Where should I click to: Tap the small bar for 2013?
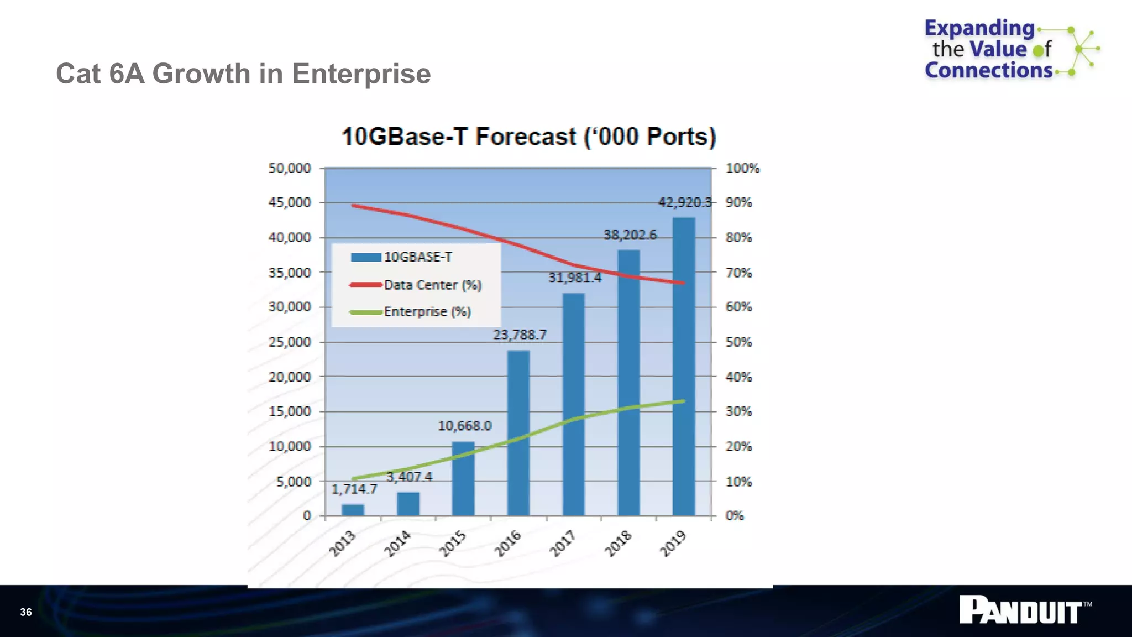353,509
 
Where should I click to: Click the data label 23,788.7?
520,335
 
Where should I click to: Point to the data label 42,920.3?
685,202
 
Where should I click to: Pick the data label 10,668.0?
464,426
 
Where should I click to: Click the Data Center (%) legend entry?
432,285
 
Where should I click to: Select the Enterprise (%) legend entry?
427,312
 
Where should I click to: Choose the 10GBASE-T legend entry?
417,257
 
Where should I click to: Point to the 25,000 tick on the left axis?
290,342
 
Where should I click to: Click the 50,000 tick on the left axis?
290,168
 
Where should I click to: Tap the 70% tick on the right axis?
738,273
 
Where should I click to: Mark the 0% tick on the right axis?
735,515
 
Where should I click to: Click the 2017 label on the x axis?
563,543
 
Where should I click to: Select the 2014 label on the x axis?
397,543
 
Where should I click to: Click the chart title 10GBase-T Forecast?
528,137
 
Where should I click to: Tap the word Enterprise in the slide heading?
361,74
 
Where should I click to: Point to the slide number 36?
26,612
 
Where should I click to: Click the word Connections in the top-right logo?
988,70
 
